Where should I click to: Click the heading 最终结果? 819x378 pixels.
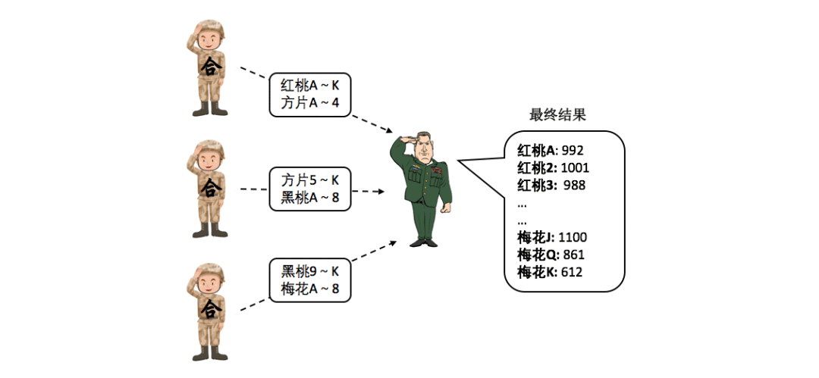point(557,115)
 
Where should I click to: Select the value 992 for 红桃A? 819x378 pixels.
point(573,150)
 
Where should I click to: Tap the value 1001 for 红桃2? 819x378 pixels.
point(576,167)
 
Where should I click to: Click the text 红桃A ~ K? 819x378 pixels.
point(309,85)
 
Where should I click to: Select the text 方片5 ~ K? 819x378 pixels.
point(309,180)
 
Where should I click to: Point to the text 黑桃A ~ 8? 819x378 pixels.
point(309,198)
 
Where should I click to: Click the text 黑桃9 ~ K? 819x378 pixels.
point(309,271)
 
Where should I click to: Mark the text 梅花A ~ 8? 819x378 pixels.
point(309,289)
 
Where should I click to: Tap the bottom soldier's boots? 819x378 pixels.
point(209,353)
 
